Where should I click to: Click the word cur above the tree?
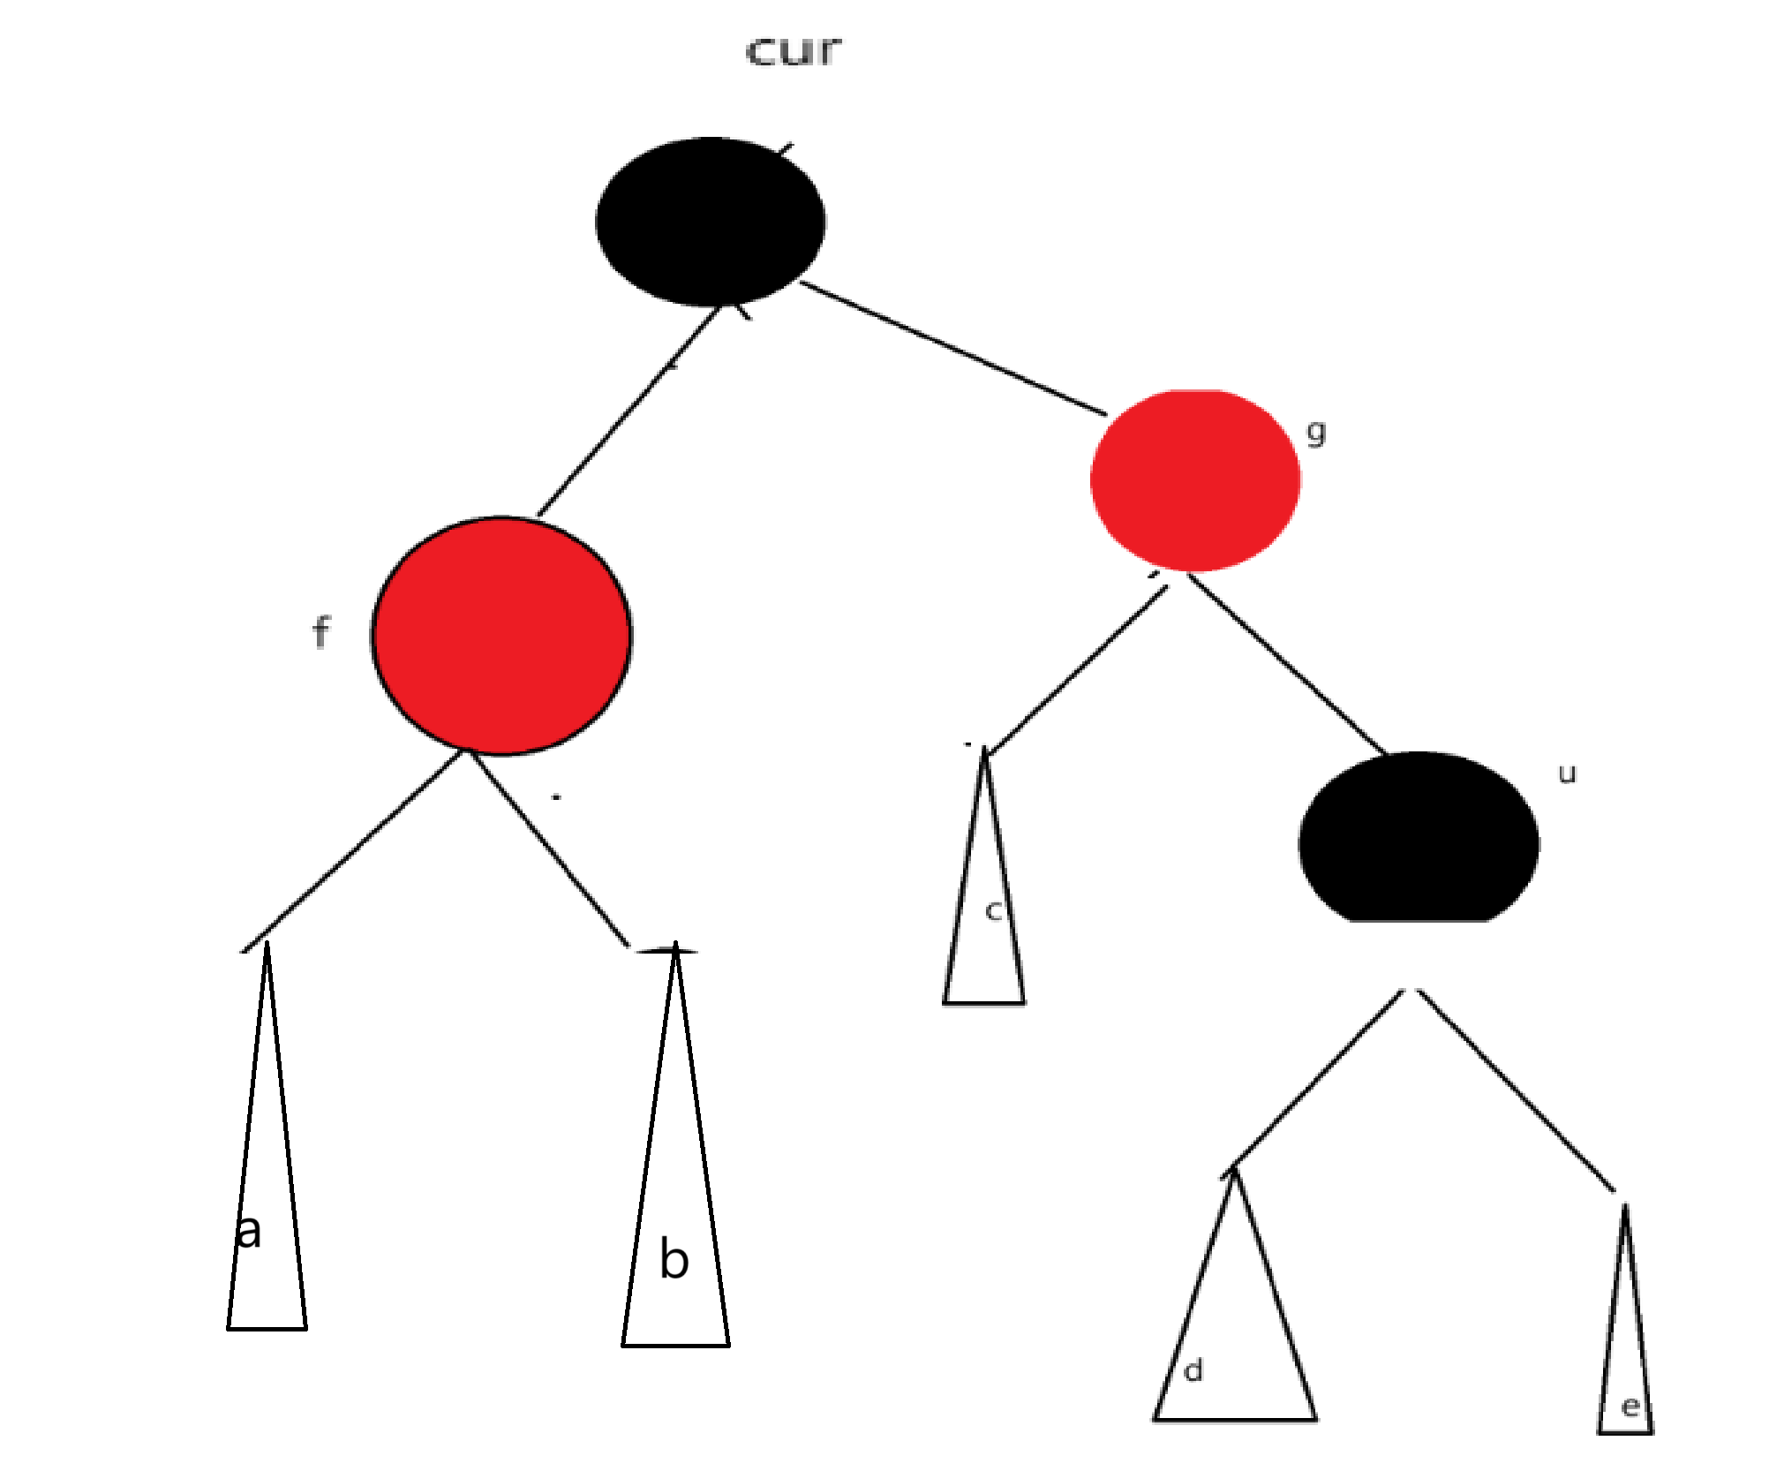point(794,51)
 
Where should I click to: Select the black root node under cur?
point(711,222)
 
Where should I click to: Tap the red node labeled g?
point(1195,480)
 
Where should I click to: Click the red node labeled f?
point(501,636)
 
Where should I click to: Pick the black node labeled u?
point(1419,839)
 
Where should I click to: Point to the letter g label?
point(1315,433)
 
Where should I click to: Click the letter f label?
point(320,633)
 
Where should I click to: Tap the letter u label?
point(1567,774)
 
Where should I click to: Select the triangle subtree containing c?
point(984,918)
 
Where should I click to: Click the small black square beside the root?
point(523,180)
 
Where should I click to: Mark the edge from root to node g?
point(953,349)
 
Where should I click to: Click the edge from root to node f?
point(629,411)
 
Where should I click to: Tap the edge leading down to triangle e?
point(1517,1091)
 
